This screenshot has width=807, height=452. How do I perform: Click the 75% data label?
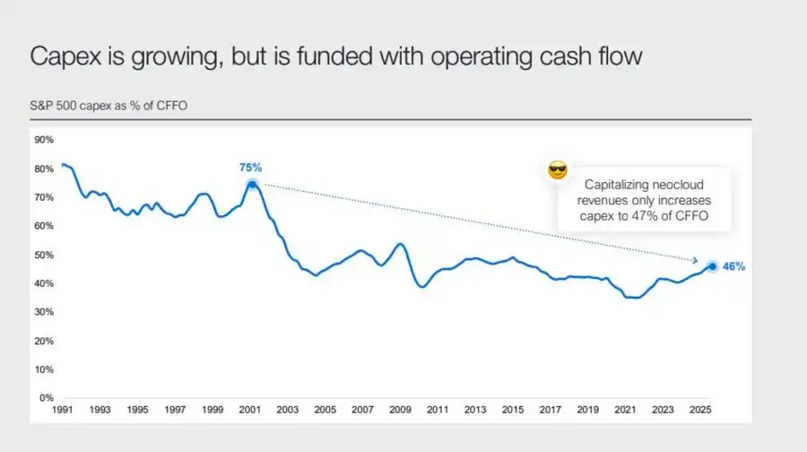click(250, 168)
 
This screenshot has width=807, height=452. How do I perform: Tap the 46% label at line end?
click(734, 266)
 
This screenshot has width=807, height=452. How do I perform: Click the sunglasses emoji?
click(558, 170)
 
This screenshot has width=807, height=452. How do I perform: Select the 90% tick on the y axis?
click(44, 140)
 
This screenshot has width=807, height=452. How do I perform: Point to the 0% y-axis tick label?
click(47, 397)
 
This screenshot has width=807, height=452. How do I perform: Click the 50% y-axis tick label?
click(44, 255)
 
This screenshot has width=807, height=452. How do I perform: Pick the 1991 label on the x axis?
click(64, 410)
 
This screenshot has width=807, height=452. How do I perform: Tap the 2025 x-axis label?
click(701, 410)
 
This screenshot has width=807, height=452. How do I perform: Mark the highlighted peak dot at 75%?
click(252, 184)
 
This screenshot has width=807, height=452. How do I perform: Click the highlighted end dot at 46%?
click(712, 265)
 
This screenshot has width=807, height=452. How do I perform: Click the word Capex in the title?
click(63, 56)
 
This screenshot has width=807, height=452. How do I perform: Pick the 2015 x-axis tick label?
click(513, 410)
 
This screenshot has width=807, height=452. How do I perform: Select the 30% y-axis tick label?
click(44, 312)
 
